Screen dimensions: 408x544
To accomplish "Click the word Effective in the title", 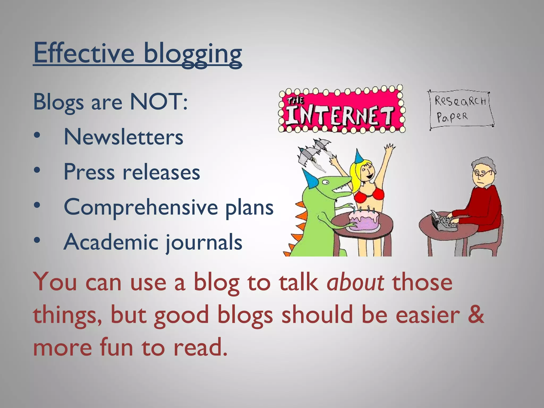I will point(84,53).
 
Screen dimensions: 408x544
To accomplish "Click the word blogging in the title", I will point(193,54).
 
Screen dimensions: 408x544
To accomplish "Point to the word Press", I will point(89,172).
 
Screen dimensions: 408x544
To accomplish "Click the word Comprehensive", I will point(141,207).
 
